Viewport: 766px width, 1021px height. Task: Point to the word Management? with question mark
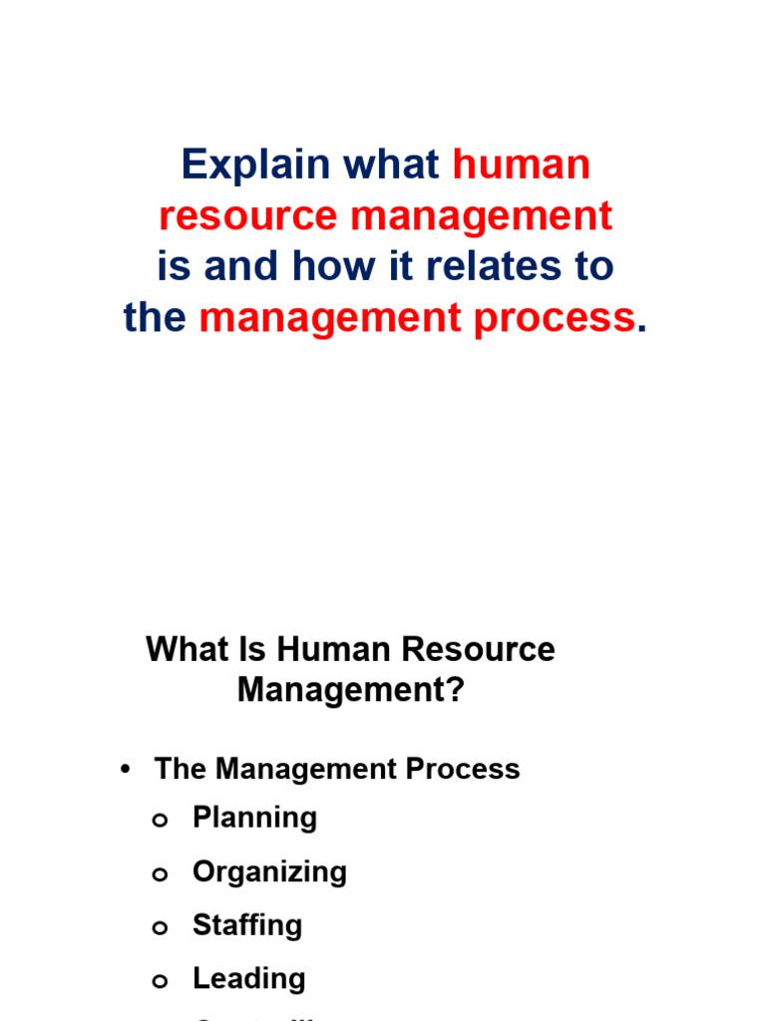pos(351,690)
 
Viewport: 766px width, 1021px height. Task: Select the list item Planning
pos(254,819)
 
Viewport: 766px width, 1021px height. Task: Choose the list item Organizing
pos(269,872)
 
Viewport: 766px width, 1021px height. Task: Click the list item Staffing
pos(247,925)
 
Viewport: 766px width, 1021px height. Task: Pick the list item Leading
pos(249,979)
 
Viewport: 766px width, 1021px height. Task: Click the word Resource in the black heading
pos(477,650)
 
